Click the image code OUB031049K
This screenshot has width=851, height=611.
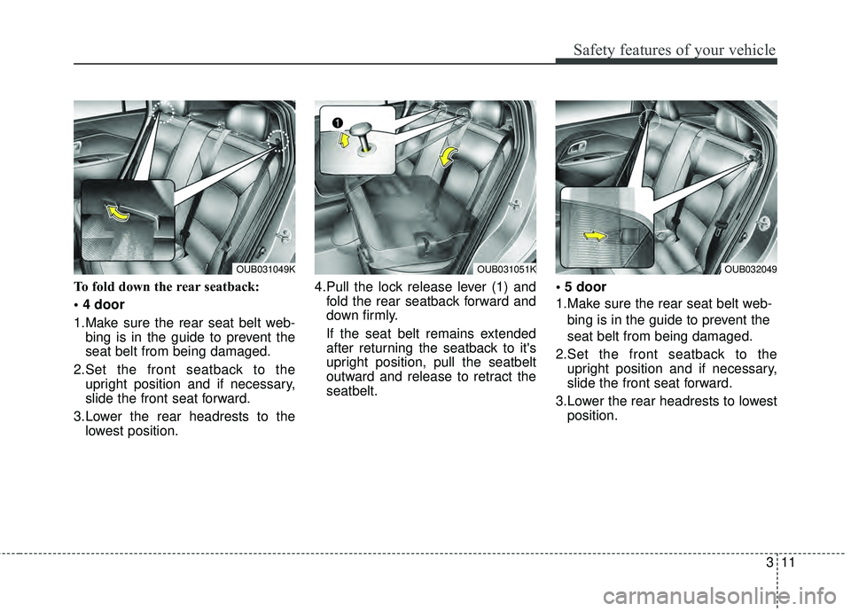click(266, 268)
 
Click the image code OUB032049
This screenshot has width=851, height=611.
click(749, 268)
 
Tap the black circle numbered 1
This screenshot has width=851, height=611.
click(337, 121)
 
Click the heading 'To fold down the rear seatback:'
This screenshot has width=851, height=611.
click(151, 286)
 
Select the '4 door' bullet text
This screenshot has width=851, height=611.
click(103, 304)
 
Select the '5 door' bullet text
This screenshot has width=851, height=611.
click(585, 286)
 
